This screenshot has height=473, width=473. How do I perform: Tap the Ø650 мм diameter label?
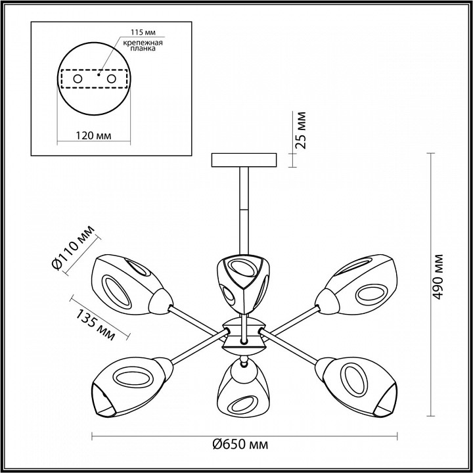coord(240,445)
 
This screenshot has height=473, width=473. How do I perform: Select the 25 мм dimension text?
coord(301,130)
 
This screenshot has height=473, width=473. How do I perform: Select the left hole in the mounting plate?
coord(78,79)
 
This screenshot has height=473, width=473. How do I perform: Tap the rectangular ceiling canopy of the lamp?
coord(244,160)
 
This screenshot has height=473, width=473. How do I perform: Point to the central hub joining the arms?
coord(244,332)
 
